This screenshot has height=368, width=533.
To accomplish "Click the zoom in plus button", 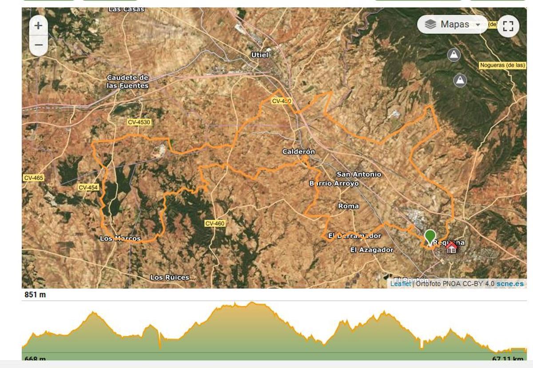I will [38, 26].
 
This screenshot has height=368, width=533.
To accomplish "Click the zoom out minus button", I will [38, 45].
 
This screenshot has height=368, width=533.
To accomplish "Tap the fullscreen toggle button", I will [508, 26].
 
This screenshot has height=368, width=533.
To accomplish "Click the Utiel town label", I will [260, 55].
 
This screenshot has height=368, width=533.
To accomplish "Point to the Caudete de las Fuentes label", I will [127, 81].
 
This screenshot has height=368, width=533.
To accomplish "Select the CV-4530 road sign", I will [139, 122].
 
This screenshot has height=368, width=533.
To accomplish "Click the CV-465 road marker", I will [34, 178].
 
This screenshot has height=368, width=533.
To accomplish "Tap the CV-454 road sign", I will [88, 187].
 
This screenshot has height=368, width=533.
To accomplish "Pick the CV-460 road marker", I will [215, 223].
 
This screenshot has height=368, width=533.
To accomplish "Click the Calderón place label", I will [298, 152].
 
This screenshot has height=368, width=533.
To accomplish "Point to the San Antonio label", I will [359, 174].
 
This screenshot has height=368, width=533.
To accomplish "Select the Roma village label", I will [348, 206].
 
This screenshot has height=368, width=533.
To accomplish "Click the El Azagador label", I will [372, 250].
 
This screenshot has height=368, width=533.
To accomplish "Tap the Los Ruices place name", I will [170, 277].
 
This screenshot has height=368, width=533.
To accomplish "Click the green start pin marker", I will [430, 236].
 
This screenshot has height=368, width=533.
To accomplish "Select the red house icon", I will [451, 247].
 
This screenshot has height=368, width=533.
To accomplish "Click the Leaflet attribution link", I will [401, 284].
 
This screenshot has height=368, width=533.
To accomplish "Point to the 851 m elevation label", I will [35, 295].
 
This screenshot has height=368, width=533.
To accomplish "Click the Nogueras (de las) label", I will [502, 65].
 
